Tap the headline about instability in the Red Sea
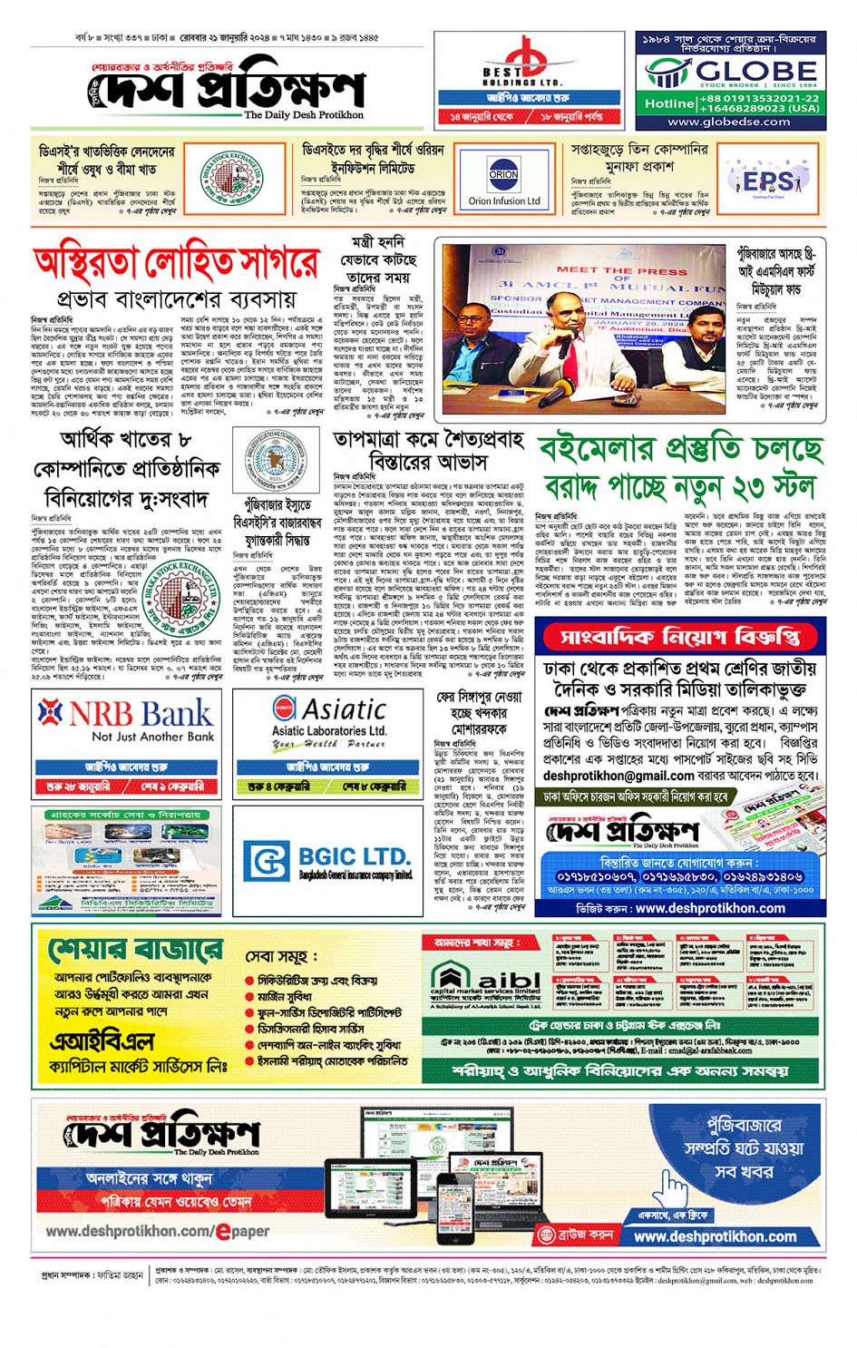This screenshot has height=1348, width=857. [176, 264]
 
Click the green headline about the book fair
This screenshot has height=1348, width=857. [680, 468]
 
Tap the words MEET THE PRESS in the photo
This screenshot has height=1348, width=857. [621, 270]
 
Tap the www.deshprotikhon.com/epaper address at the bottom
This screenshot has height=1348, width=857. [157, 1231]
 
